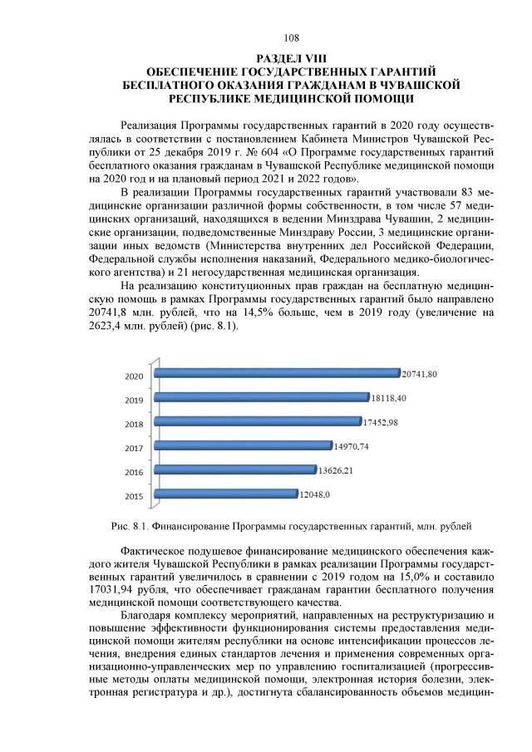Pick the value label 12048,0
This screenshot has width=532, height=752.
tap(316, 495)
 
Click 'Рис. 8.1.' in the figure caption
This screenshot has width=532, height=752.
tap(129, 525)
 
